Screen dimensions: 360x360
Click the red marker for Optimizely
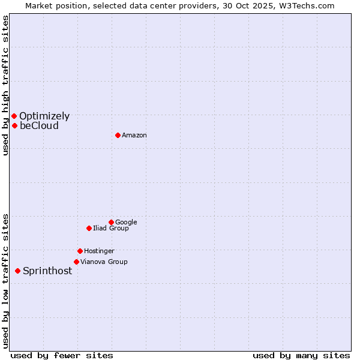[14, 116]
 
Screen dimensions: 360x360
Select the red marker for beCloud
[14, 125]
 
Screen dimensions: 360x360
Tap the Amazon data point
[118, 135]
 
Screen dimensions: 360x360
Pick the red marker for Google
[111, 222]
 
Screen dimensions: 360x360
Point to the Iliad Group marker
[89, 228]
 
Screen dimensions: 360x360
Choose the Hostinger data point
[80, 251]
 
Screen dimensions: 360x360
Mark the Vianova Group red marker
[76, 262]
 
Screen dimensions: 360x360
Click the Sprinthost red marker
[17, 271]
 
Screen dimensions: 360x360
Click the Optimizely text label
[44, 116]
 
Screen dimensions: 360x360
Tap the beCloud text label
[39, 125]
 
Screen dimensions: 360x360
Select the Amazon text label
[134, 135]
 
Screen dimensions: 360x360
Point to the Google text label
[126, 222]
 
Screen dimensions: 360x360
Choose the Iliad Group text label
[110, 228]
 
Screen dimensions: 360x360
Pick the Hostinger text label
[99, 251]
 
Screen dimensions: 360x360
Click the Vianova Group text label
[104, 262]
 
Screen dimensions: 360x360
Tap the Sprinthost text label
[47, 271]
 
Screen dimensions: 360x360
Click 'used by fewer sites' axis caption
[62, 355]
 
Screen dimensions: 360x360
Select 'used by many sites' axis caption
[301, 355]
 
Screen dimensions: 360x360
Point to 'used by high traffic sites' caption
[5, 85]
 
